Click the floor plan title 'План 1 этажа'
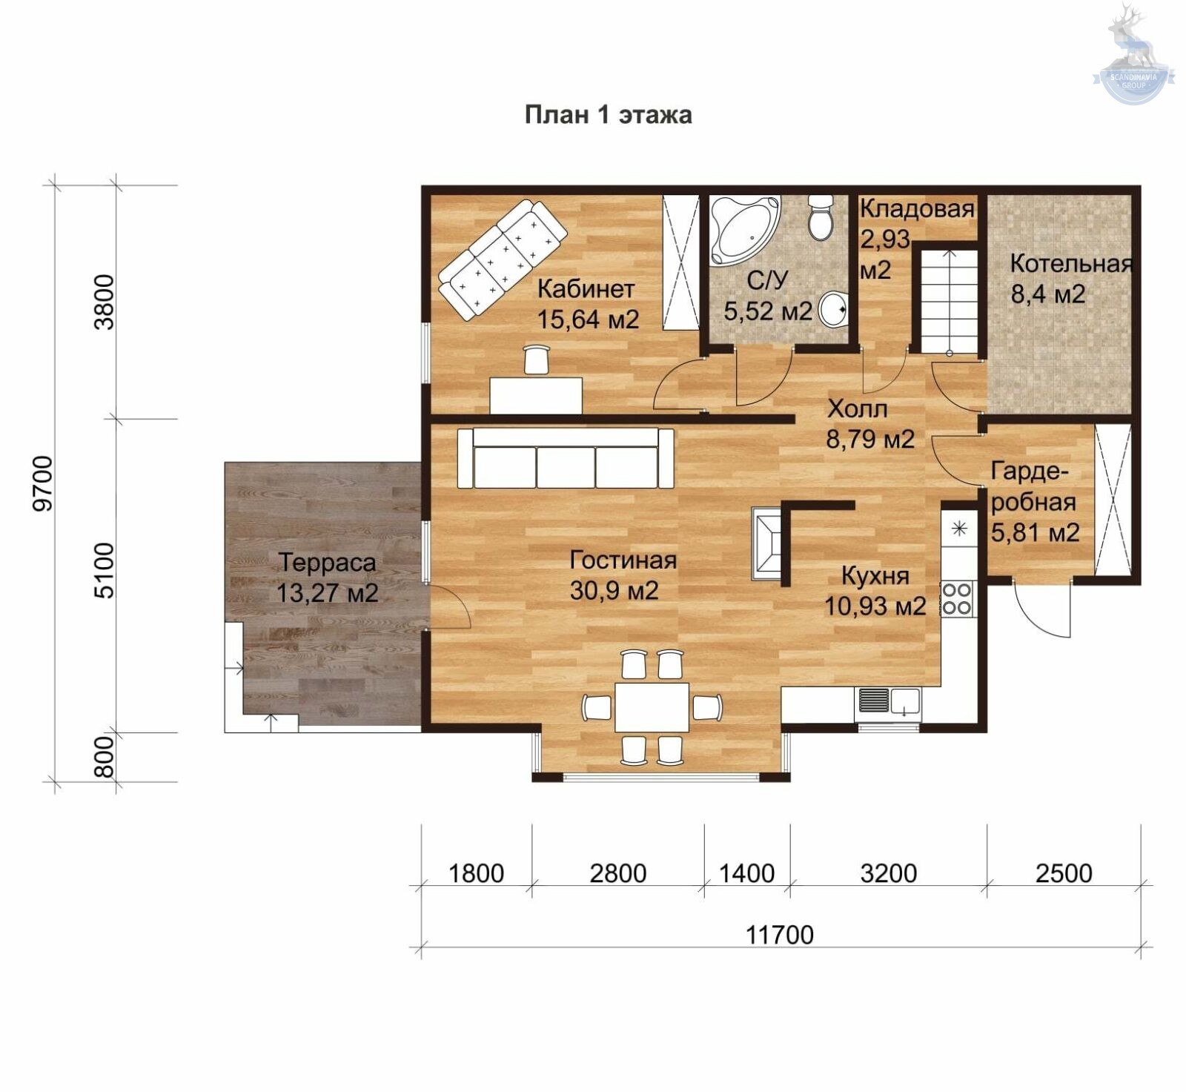click(x=609, y=115)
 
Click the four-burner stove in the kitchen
click(x=955, y=599)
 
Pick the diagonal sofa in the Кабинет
click(x=503, y=259)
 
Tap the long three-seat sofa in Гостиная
click(x=566, y=458)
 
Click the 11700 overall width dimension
click(x=779, y=935)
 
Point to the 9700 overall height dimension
click(x=44, y=483)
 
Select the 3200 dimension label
click(x=888, y=873)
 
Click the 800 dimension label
click(x=105, y=756)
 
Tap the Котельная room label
click(x=1071, y=263)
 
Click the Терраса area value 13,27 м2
click(x=328, y=592)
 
